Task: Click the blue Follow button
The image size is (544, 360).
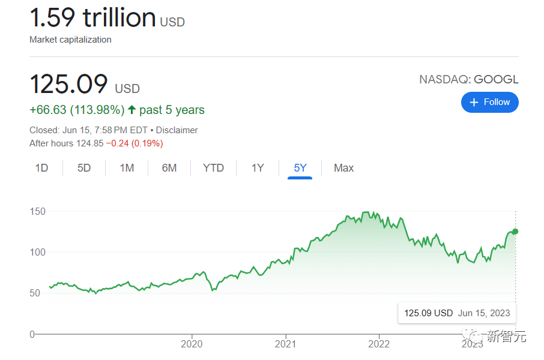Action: (x=489, y=102)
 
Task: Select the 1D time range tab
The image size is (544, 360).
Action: (x=41, y=168)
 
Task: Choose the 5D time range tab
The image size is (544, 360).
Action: (x=84, y=168)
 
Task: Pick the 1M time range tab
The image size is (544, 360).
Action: (x=127, y=168)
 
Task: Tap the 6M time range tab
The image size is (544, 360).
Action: (x=169, y=168)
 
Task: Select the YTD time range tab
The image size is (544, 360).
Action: (x=213, y=168)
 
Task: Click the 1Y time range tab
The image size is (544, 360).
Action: (x=258, y=168)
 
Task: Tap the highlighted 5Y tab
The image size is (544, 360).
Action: (x=300, y=168)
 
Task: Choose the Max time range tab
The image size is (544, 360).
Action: (x=343, y=168)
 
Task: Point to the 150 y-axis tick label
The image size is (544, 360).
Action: (x=38, y=211)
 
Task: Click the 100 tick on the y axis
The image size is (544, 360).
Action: (x=38, y=252)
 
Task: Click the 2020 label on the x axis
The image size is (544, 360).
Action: (x=192, y=344)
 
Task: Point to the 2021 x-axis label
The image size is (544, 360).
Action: (x=286, y=344)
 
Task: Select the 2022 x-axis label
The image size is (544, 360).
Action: (x=379, y=344)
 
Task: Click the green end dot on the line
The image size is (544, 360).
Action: (x=515, y=232)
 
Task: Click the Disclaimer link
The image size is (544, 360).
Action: (x=177, y=130)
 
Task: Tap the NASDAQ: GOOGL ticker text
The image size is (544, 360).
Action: (x=468, y=80)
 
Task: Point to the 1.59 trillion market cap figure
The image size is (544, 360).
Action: (x=93, y=18)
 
